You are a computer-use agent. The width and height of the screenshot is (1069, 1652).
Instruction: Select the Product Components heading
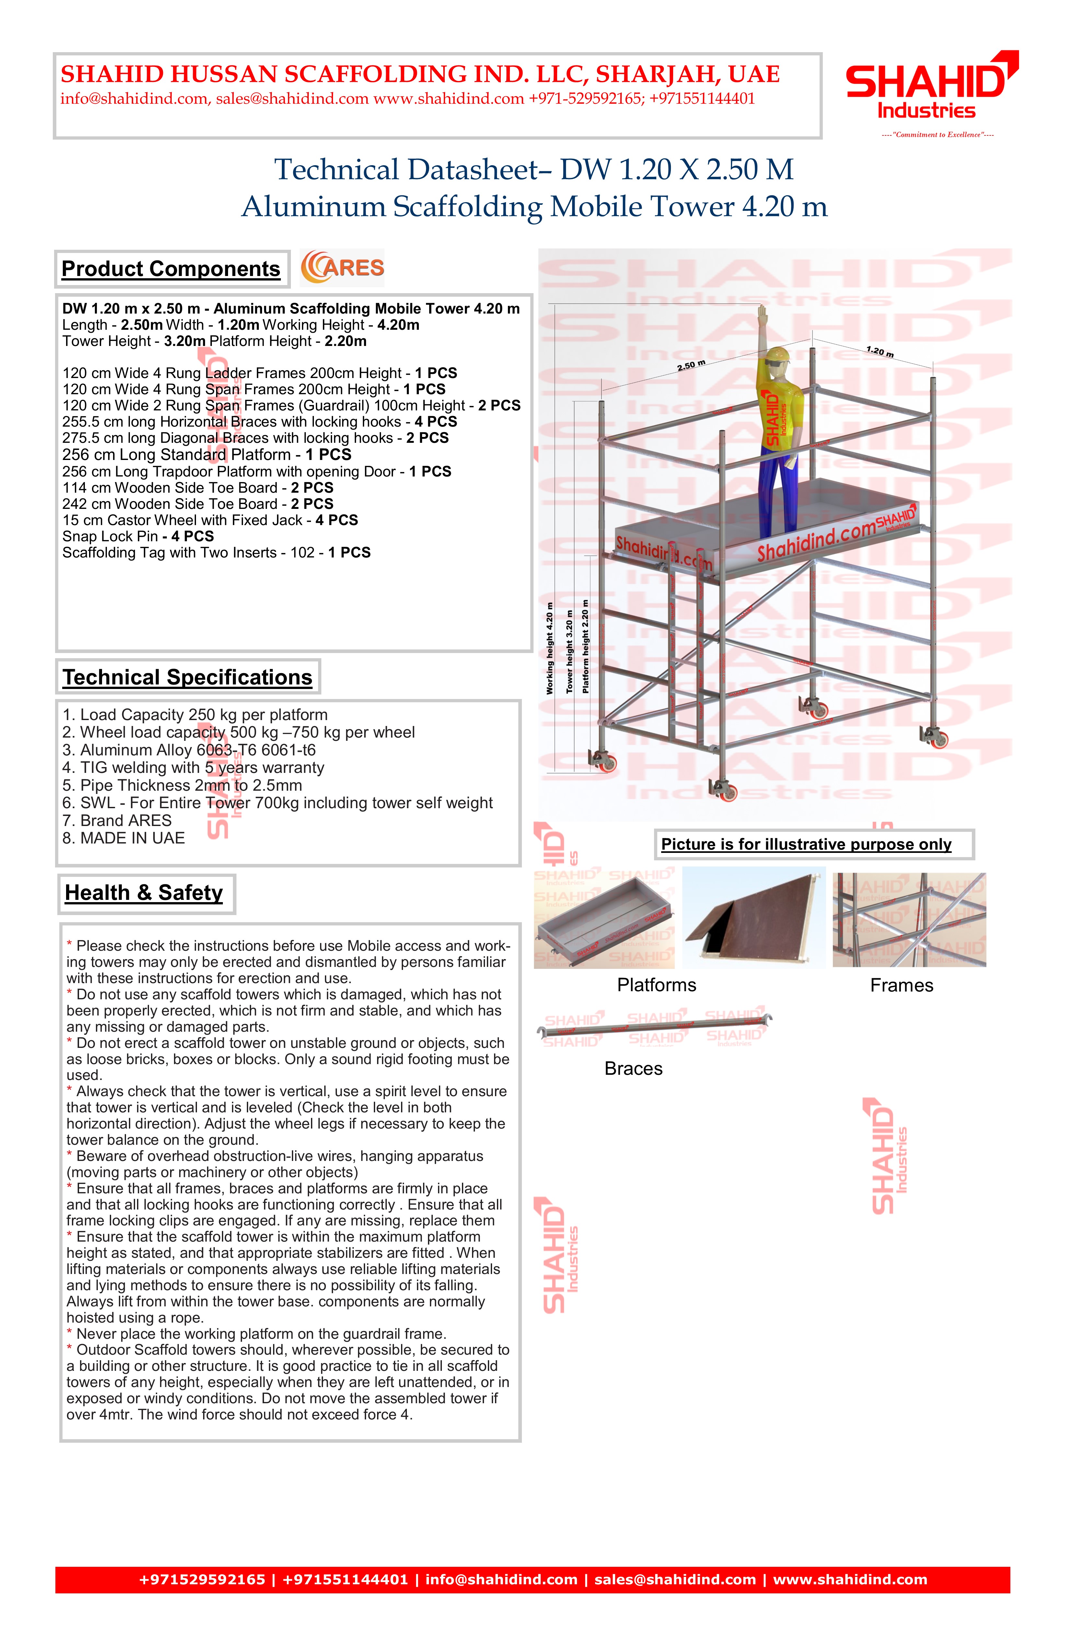click(171, 269)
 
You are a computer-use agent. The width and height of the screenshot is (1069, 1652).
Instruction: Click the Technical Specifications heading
click(188, 677)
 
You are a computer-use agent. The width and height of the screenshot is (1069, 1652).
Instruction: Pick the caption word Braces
click(633, 1068)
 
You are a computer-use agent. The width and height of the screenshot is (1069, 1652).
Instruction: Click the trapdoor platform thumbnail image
click(754, 918)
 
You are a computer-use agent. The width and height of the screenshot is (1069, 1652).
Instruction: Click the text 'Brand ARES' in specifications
click(126, 820)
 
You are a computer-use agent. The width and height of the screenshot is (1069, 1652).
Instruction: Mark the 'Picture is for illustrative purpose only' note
click(806, 844)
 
